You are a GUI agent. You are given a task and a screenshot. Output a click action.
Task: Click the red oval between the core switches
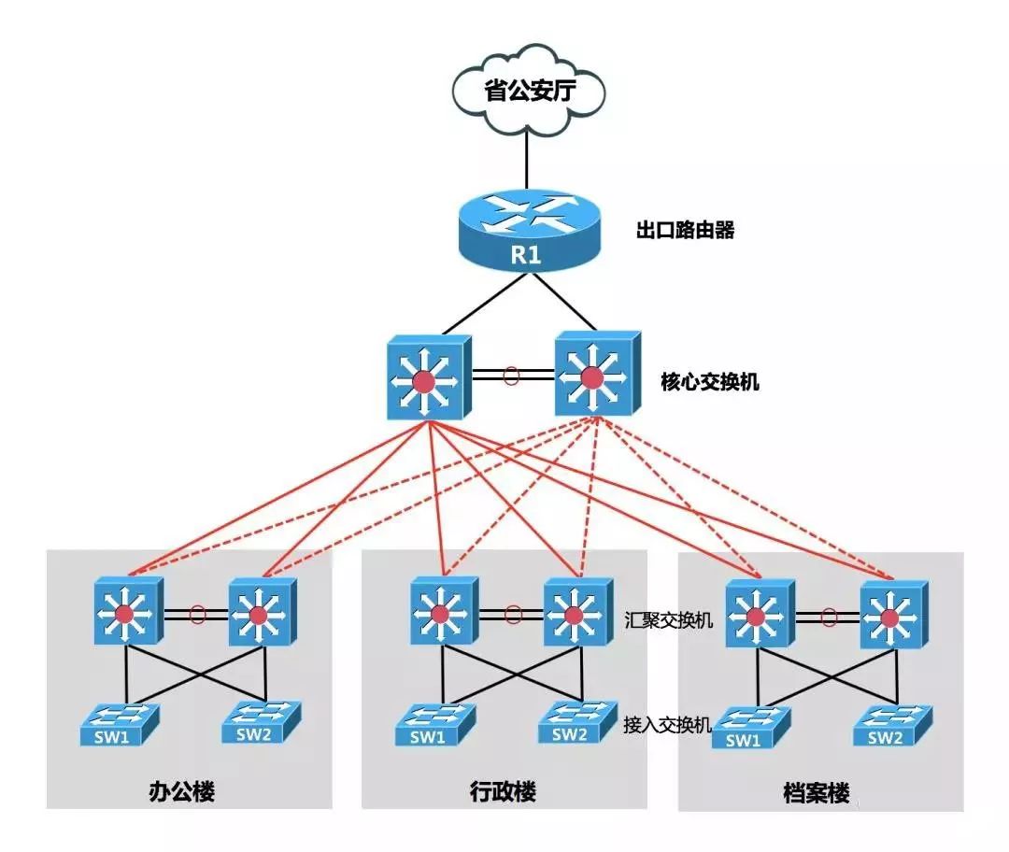(x=511, y=376)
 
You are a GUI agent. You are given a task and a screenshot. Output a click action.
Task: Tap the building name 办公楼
(x=182, y=792)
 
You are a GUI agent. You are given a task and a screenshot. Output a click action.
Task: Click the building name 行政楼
(x=504, y=792)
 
